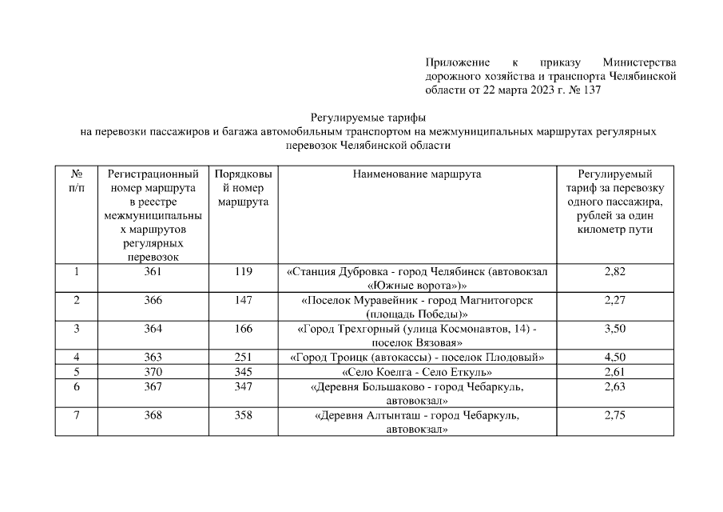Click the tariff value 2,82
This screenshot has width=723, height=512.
point(614,272)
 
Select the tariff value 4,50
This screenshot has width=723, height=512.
point(614,357)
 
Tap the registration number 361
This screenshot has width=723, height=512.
point(153,272)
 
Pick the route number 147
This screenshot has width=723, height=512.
point(243,300)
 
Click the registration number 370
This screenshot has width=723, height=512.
point(153,372)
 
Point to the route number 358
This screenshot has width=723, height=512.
point(243,415)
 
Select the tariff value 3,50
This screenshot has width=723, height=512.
point(614,329)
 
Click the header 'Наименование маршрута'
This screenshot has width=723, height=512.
point(416,174)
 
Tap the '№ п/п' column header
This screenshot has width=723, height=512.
point(77,180)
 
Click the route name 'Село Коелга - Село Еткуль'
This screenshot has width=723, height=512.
point(416,372)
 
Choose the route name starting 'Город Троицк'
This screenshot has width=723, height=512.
point(416,357)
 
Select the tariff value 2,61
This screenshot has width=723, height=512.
point(614,372)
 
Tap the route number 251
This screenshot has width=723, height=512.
point(243,357)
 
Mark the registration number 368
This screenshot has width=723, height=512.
point(153,415)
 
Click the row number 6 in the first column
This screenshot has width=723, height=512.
point(77,386)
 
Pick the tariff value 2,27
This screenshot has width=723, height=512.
point(614,300)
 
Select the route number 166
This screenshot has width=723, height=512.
point(243,329)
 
